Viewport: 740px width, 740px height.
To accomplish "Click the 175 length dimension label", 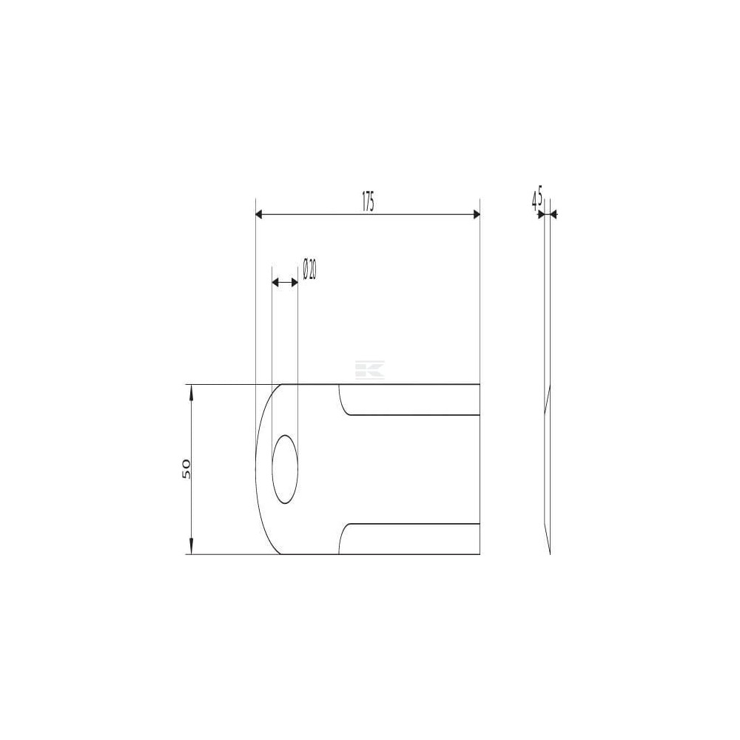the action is coord(368,202).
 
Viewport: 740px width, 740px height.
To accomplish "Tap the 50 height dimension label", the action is coord(186,468).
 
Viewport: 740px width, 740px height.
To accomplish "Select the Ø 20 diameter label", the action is coord(310,269).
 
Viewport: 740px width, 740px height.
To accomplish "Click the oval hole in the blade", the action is coord(285,470).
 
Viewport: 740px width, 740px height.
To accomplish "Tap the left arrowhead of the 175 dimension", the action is coord(258,215).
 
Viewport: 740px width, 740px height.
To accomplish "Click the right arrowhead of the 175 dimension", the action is coord(476,215).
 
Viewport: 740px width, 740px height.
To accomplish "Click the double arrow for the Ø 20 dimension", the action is coord(286,283).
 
